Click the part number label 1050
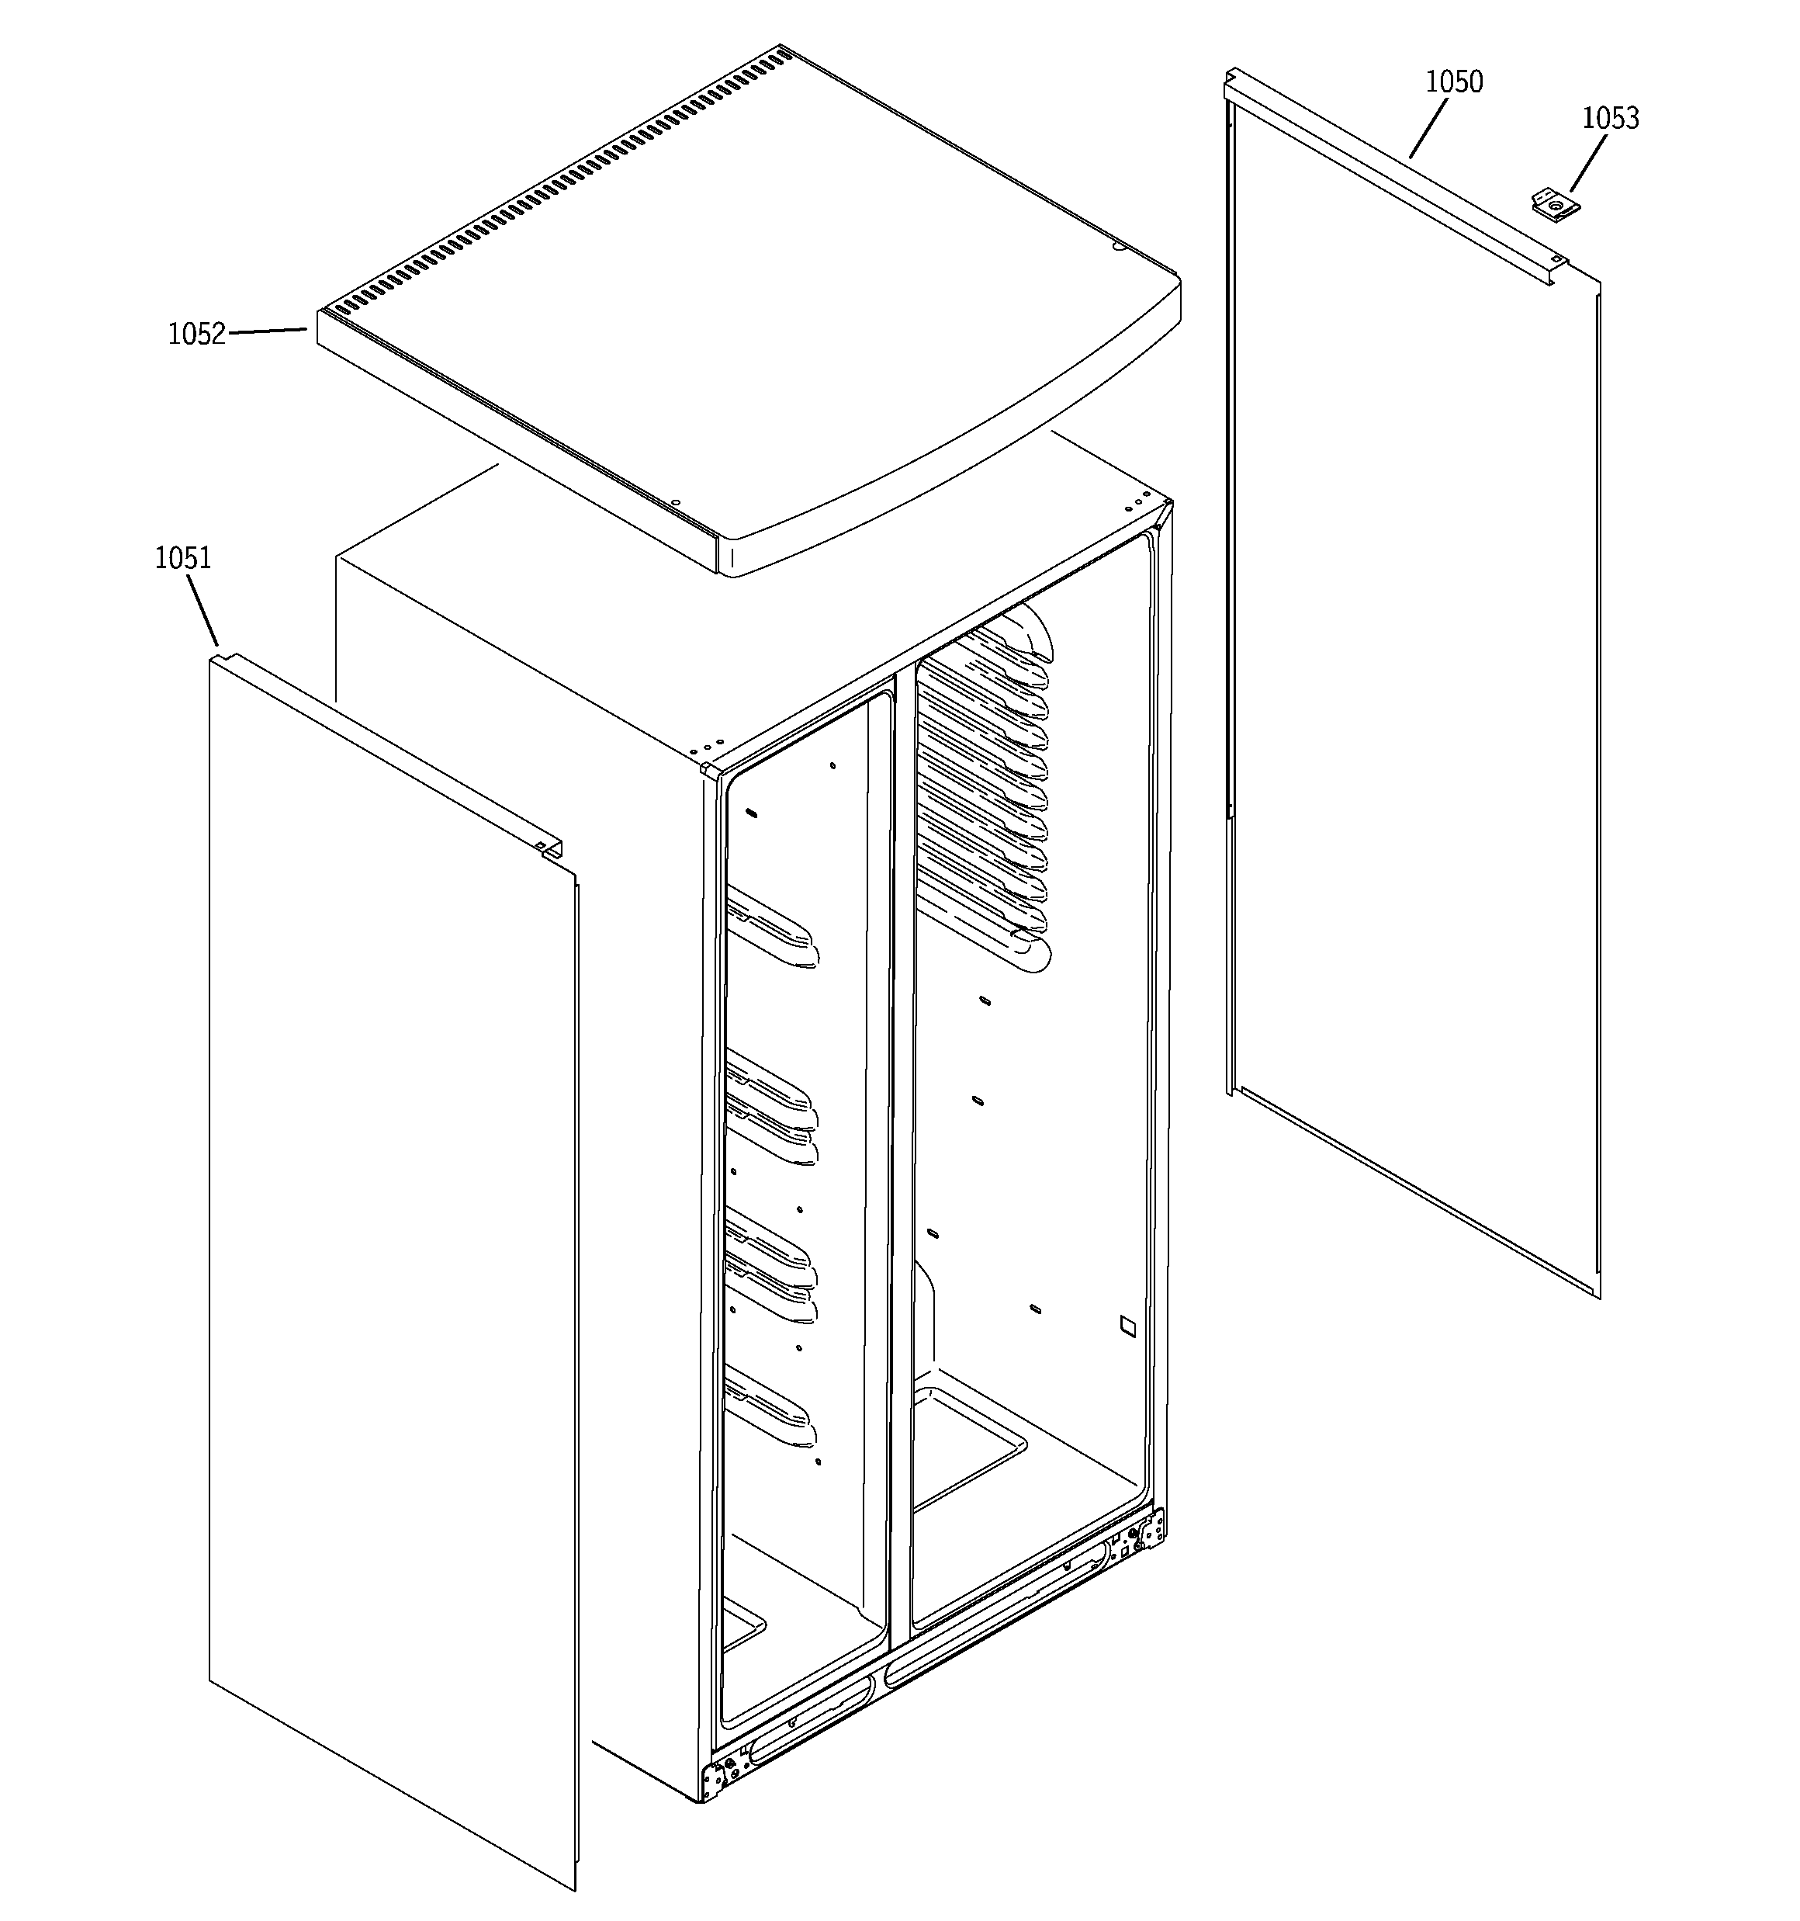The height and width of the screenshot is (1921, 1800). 1453,82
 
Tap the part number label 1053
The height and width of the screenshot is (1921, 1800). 1610,118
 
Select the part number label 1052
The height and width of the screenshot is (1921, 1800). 196,335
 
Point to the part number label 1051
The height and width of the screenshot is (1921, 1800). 182,559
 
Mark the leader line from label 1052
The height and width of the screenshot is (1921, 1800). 268,331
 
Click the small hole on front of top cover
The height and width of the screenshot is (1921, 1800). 675,502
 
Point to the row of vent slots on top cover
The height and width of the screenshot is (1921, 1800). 560,184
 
